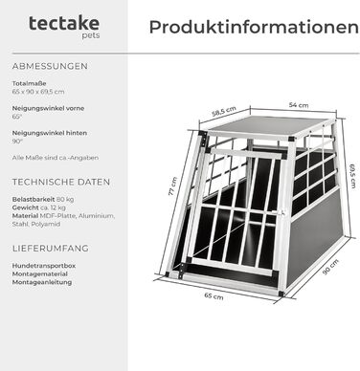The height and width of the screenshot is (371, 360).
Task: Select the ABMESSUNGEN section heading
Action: click(x=50, y=67)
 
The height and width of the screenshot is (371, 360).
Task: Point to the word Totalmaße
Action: click(x=29, y=84)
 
